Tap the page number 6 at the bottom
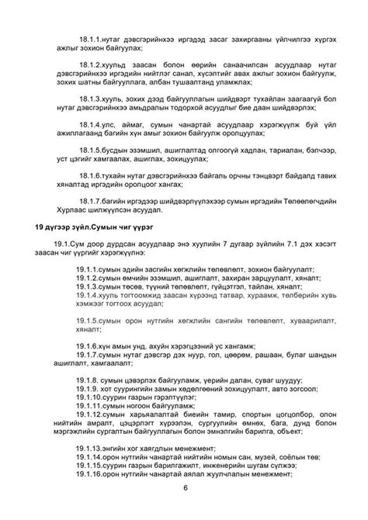pos(186,508)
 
